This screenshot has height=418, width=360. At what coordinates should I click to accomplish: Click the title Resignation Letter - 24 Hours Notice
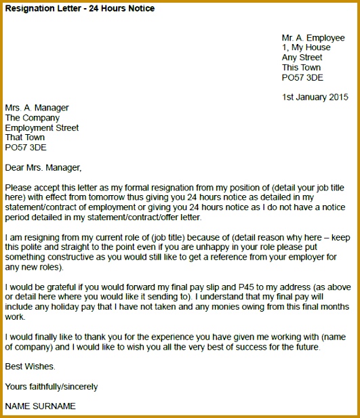click(x=80, y=9)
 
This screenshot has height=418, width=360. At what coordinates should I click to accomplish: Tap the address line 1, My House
click(x=306, y=47)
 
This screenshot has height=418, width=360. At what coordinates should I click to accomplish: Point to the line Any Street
click(x=303, y=58)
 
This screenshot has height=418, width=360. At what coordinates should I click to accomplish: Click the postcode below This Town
click(x=302, y=78)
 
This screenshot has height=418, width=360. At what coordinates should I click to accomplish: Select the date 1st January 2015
click(x=315, y=97)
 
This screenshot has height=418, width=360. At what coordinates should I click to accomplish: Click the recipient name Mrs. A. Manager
click(x=37, y=108)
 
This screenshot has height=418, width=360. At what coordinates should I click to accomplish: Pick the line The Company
click(x=33, y=118)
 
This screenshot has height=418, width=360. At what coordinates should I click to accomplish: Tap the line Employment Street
click(x=42, y=127)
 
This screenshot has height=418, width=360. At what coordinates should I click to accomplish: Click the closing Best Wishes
click(x=31, y=367)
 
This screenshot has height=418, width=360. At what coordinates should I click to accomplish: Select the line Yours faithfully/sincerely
click(x=52, y=387)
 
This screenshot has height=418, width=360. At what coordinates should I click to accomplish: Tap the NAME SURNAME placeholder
click(x=41, y=406)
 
